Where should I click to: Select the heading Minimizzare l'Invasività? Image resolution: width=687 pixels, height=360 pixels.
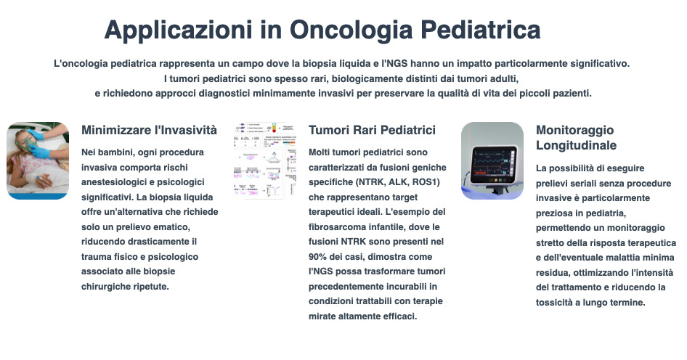point(149,130)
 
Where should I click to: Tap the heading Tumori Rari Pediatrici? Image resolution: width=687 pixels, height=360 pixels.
point(372,130)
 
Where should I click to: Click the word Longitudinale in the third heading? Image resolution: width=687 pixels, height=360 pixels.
point(576,145)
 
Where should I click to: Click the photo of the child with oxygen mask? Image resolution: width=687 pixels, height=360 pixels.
point(38,160)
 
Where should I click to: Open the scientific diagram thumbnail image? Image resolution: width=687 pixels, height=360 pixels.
point(265,160)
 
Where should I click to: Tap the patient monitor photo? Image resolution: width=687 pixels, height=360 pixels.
point(492,160)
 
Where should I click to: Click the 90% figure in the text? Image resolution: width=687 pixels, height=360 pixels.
point(320,256)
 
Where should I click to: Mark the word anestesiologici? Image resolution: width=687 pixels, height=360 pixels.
point(115,181)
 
